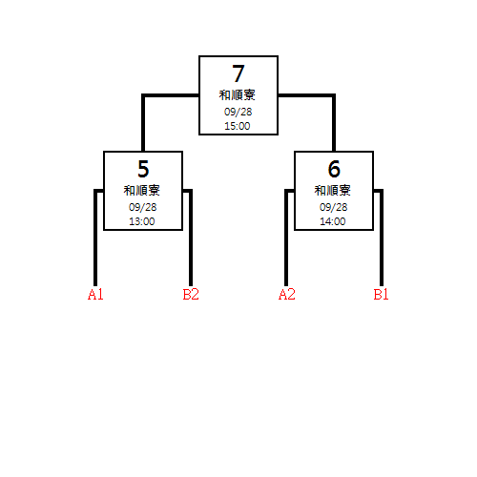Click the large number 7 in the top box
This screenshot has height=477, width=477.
(x=238, y=73)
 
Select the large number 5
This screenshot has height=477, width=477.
(x=143, y=169)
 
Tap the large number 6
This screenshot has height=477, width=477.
(x=334, y=169)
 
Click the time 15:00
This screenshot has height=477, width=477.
(x=238, y=126)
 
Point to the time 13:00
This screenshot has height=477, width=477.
(x=142, y=221)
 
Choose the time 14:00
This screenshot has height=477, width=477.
(x=333, y=221)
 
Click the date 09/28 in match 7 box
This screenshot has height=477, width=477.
(x=238, y=112)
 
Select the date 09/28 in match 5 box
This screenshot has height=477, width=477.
(x=142, y=207)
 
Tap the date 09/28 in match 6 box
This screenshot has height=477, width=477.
(x=333, y=207)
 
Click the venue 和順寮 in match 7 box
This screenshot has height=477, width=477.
(x=238, y=95)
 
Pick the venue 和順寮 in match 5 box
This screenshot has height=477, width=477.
(x=142, y=191)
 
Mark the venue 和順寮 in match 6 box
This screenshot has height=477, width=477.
(x=333, y=191)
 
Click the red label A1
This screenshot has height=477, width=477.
(x=95, y=295)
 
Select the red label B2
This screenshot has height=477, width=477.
(x=191, y=295)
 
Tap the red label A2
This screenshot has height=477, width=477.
(x=287, y=295)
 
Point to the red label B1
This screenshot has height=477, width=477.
(x=381, y=295)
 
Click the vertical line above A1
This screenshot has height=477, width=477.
(x=95, y=238)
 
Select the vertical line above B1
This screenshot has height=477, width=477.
(x=382, y=238)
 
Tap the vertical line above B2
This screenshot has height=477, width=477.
(x=191, y=238)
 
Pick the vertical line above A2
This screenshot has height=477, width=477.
(x=286, y=238)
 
